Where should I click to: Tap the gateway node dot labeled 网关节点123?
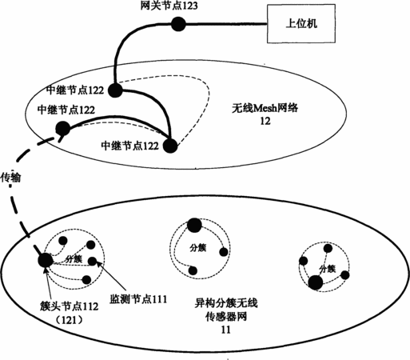click(178, 24)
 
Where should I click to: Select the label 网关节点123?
click(169, 6)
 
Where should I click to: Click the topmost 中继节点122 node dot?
click(115, 90)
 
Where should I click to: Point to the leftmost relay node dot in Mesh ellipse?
click(63, 129)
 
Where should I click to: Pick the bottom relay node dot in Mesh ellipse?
click(170, 146)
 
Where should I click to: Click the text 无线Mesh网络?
click(265, 108)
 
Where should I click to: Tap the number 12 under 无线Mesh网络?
click(265, 121)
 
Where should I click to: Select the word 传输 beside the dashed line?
click(10, 178)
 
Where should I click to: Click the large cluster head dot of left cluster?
click(46, 260)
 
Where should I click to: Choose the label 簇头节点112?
click(70, 306)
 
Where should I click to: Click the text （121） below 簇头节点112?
click(69, 319)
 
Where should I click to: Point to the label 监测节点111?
click(138, 299)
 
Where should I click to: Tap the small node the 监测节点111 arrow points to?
click(93, 262)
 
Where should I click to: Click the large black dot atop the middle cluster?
click(195, 226)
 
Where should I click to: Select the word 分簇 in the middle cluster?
click(198, 248)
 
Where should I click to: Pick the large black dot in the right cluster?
click(316, 283)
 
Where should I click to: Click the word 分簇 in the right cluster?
click(328, 269)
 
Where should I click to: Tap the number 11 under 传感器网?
click(225, 330)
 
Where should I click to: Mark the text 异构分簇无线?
click(226, 303)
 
